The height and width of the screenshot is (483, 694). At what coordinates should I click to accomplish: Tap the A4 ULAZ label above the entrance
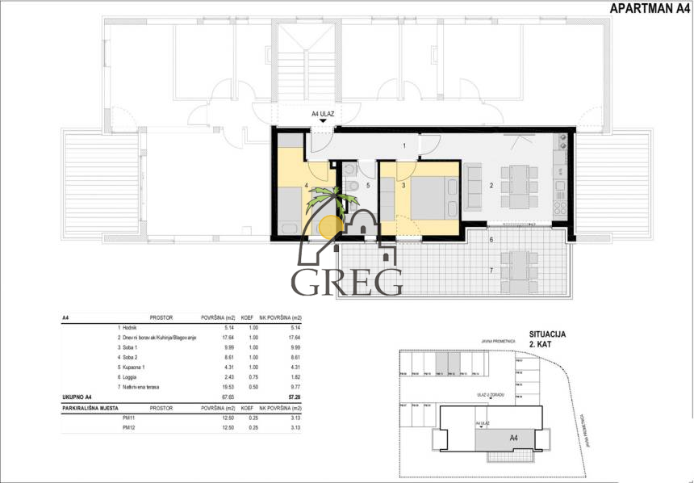click(x=323, y=115)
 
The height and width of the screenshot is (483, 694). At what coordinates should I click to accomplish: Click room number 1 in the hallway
click(x=403, y=146)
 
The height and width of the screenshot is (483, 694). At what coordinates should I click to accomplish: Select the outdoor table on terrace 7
click(x=516, y=273)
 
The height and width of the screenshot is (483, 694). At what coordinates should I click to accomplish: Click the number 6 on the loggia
click(x=490, y=241)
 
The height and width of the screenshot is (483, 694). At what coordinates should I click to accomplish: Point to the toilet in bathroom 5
click(x=353, y=187)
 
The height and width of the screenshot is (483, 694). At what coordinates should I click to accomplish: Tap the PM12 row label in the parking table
click(x=128, y=428)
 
